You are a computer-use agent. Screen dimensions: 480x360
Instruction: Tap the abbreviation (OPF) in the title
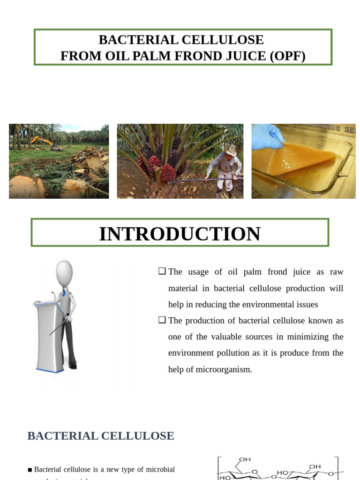287,56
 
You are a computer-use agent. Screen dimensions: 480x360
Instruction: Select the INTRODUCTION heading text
180,234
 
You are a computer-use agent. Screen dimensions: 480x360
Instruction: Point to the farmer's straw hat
231,150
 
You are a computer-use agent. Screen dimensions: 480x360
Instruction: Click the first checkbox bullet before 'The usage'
162,271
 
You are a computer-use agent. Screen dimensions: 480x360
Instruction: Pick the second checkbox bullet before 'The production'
162,320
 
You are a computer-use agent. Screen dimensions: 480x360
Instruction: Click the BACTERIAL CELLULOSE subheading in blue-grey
101,436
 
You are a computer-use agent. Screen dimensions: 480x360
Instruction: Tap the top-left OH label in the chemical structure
245,459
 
